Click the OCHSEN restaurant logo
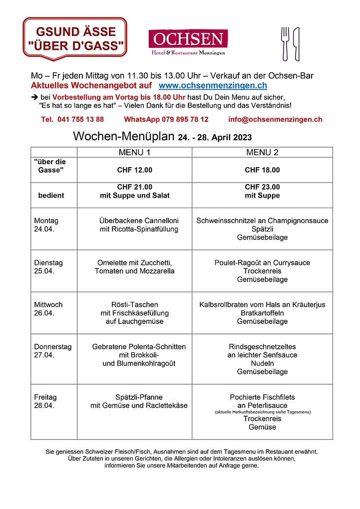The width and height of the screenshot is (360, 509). [x=188, y=42]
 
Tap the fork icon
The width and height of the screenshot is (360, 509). [x=285, y=43]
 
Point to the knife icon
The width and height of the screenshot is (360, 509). [x=296, y=43]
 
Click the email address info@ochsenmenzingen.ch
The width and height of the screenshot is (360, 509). [x=275, y=119]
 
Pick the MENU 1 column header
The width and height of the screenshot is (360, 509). [x=134, y=152]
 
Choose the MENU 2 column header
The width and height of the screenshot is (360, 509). [x=262, y=152]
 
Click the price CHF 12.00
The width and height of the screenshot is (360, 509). [x=134, y=170]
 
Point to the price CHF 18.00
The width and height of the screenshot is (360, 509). [x=262, y=170]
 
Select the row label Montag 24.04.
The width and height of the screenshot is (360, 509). [x=46, y=225]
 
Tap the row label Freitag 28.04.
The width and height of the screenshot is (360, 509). [x=45, y=401]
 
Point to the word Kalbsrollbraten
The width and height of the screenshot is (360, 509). [x=225, y=304]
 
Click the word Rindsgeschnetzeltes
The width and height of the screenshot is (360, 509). [x=262, y=346]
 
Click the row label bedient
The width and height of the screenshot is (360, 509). [x=51, y=196]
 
